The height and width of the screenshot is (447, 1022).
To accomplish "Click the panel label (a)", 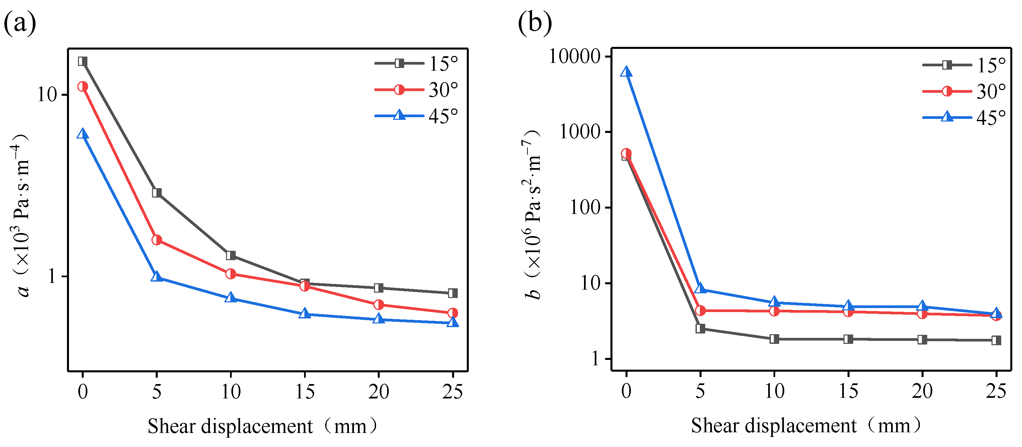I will point(20,23).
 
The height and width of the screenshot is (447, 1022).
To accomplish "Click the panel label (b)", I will point(534,23).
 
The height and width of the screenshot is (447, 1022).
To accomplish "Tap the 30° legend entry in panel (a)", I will point(417,90).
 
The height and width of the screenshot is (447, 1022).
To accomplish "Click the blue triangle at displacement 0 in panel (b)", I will point(626,72).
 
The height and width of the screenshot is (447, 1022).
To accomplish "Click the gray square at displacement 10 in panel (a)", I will point(230,255).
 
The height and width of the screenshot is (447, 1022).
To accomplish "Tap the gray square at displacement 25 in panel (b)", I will point(996,340).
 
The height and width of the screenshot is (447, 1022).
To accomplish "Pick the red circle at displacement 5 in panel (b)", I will point(700,311).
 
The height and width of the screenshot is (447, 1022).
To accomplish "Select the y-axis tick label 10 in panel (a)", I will point(47,94).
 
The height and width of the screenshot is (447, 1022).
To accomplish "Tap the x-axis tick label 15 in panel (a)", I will point(304,392).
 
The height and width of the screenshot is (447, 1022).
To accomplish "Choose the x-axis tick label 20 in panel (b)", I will point(922,391).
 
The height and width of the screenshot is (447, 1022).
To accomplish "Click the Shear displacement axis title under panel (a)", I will point(262,426).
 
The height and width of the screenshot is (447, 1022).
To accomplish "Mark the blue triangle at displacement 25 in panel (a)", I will point(452,322).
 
